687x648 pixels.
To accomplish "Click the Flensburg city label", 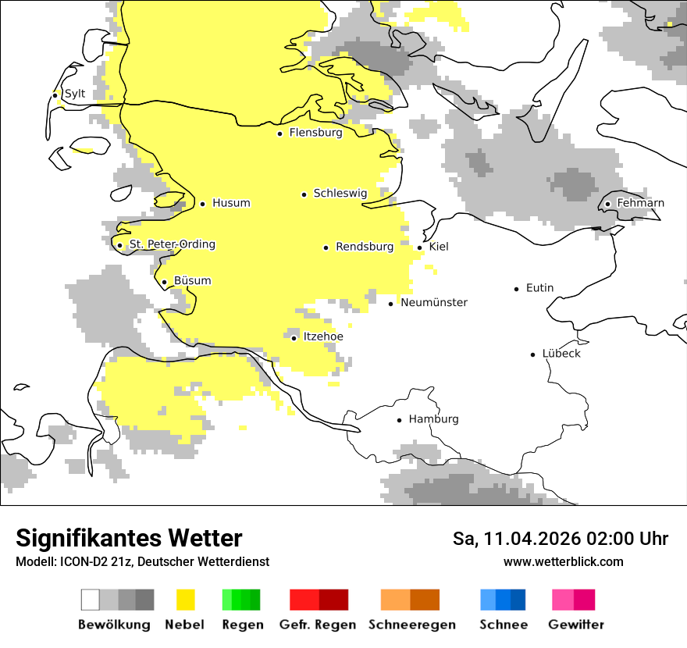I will (x=315, y=133).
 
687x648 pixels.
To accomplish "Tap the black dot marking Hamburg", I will (x=400, y=420).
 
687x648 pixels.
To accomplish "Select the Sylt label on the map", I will (x=74, y=94).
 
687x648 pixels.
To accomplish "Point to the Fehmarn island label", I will (x=640, y=203).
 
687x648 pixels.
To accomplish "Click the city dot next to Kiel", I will (x=420, y=247).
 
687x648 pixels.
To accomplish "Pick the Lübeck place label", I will (x=561, y=354).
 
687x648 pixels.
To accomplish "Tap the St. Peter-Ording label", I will (x=172, y=244).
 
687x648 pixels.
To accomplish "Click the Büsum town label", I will (x=192, y=281).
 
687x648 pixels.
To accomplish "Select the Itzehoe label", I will (x=322, y=336).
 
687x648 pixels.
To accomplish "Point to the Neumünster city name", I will (x=433, y=302).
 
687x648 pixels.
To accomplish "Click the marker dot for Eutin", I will (x=517, y=289).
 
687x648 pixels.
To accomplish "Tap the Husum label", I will (x=231, y=203).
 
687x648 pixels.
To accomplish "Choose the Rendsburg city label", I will (x=364, y=247).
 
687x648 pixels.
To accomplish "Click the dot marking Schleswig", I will (x=304, y=194).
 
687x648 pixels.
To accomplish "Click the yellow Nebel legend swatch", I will (x=185, y=600).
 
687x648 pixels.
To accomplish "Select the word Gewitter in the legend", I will (x=575, y=625).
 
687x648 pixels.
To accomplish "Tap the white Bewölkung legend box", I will (x=91, y=600).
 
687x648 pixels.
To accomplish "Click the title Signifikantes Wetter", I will (x=129, y=539).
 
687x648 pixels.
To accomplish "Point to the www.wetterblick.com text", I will (x=563, y=561).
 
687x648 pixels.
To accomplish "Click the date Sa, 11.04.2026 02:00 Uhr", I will (x=560, y=539).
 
